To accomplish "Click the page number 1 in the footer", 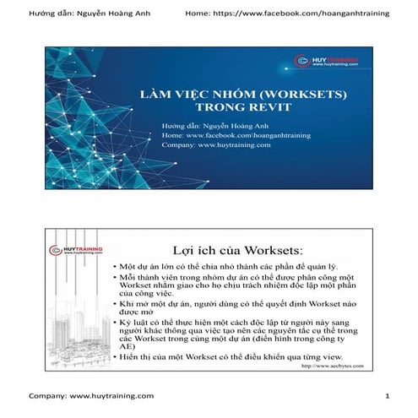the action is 386,396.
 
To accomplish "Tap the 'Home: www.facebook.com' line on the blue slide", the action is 221,135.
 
